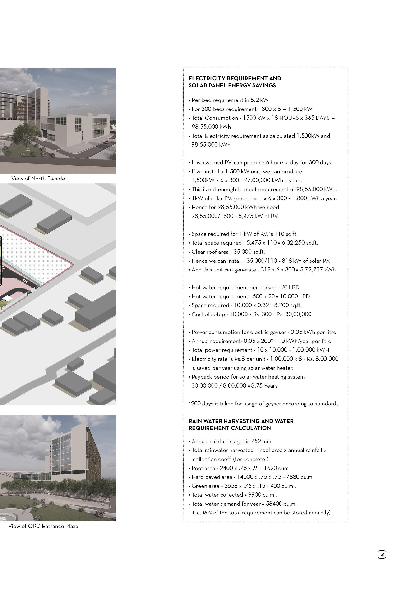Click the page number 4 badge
point(382,555)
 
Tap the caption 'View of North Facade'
point(38,179)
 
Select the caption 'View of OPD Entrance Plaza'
point(43,526)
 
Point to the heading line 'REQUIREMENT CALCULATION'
point(230,428)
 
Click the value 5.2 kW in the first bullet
point(259,100)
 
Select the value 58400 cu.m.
point(281,503)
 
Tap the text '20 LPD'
point(290,288)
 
